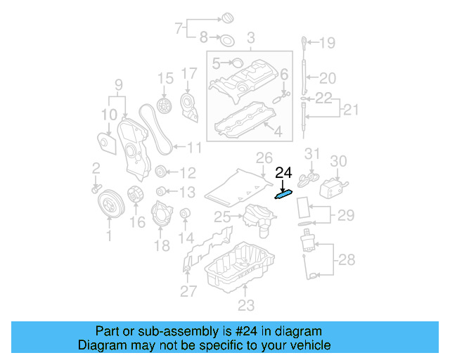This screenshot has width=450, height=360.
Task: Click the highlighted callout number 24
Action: [283, 172]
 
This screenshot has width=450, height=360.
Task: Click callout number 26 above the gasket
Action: [264, 157]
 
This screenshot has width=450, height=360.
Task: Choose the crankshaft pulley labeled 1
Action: [109, 203]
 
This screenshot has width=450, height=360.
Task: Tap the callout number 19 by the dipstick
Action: [327, 44]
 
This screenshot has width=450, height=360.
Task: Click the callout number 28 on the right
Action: [347, 260]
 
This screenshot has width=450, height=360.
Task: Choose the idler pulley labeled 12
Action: [161, 172]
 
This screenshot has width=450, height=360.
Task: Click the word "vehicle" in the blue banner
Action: [307, 345]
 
